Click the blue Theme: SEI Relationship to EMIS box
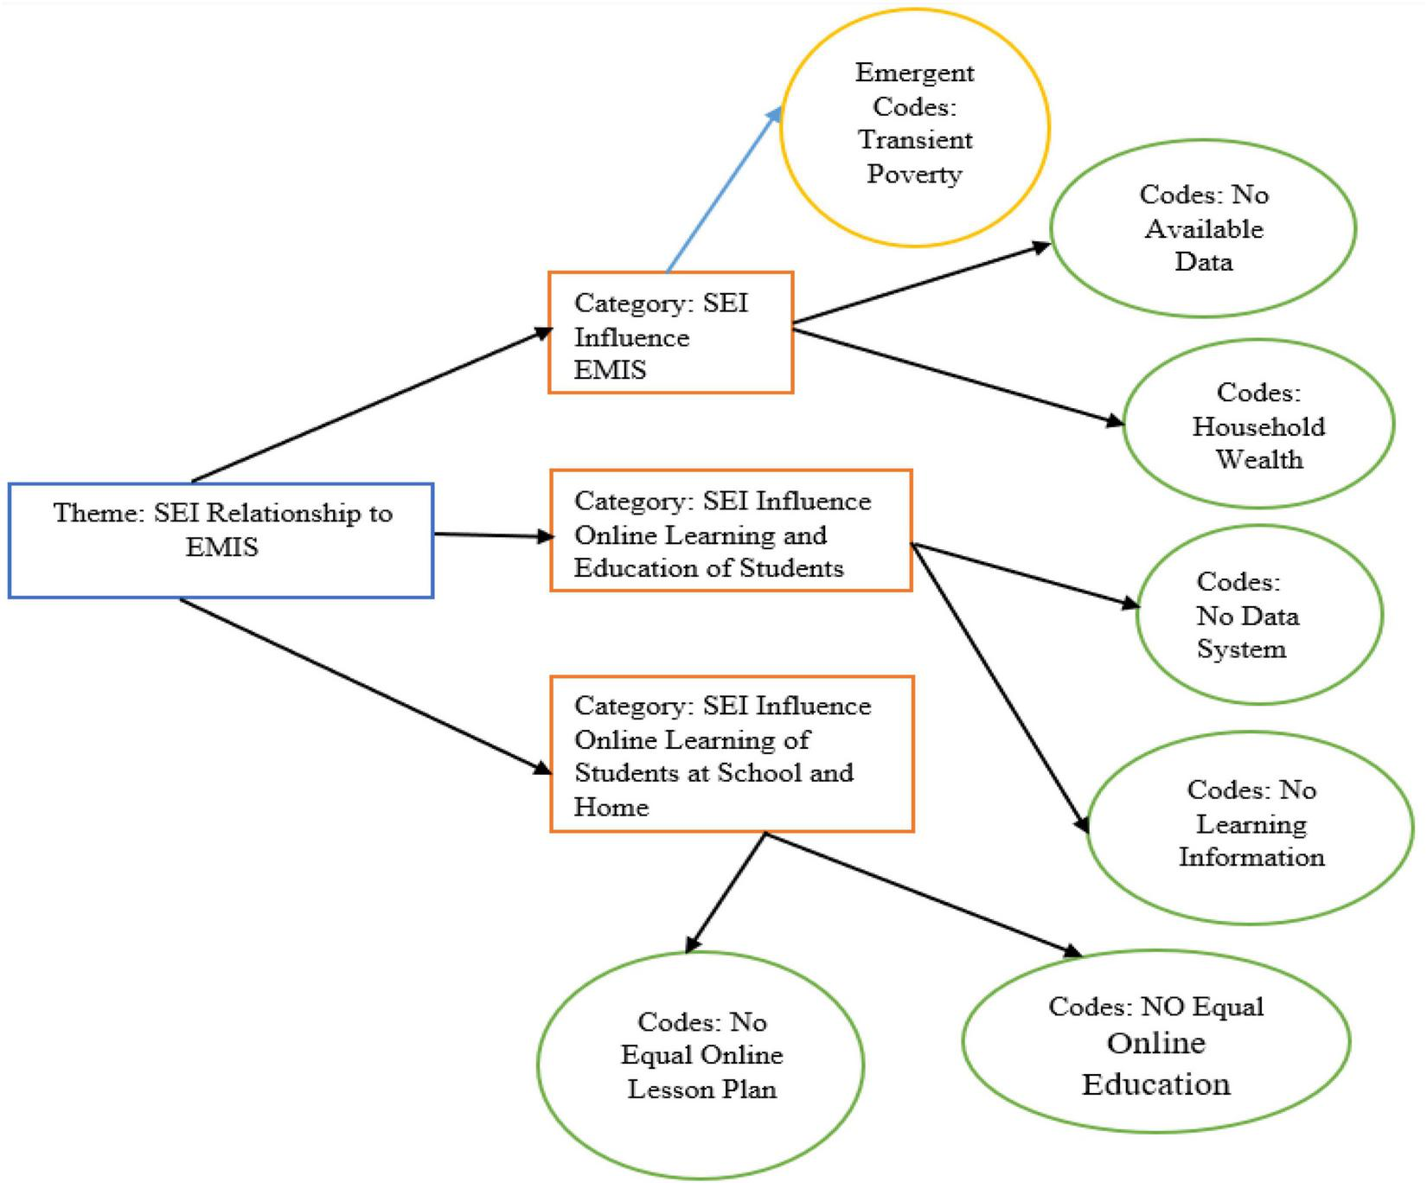pos(221,540)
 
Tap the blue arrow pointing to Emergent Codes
pos(723,190)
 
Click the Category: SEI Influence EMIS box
pos(670,333)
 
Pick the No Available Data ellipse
pos(1203,228)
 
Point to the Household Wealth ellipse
pos(1258,424)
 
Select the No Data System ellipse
pos(1258,615)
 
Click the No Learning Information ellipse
pos(1250,826)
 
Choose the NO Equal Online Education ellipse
pos(1155,1042)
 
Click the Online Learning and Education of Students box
pos(731,531)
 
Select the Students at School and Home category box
pos(731,754)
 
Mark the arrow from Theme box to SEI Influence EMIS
pos(372,404)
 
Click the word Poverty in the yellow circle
pos(914,174)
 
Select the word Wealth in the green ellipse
pos(1259,459)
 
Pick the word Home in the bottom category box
pos(611,807)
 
